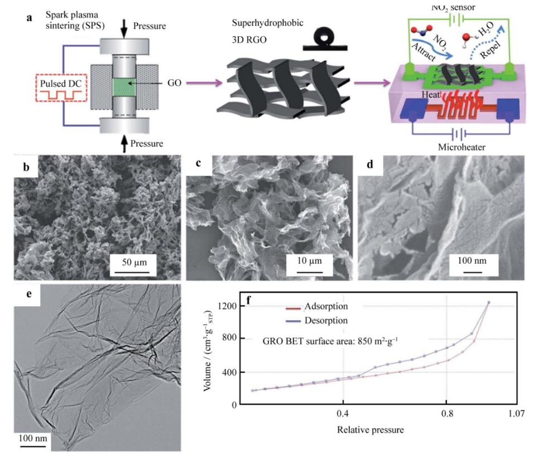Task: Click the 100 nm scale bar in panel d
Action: [x=472, y=272]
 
